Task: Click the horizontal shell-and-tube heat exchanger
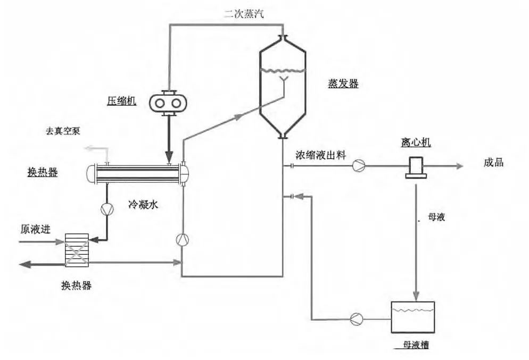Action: (x=139, y=173)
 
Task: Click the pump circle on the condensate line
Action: (x=106, y=209)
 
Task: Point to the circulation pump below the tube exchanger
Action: (x=182, y=239)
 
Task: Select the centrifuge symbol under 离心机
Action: (x=416, y=167)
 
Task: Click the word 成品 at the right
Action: (x=493, y=163)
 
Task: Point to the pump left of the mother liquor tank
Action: (x=356, y=319)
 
